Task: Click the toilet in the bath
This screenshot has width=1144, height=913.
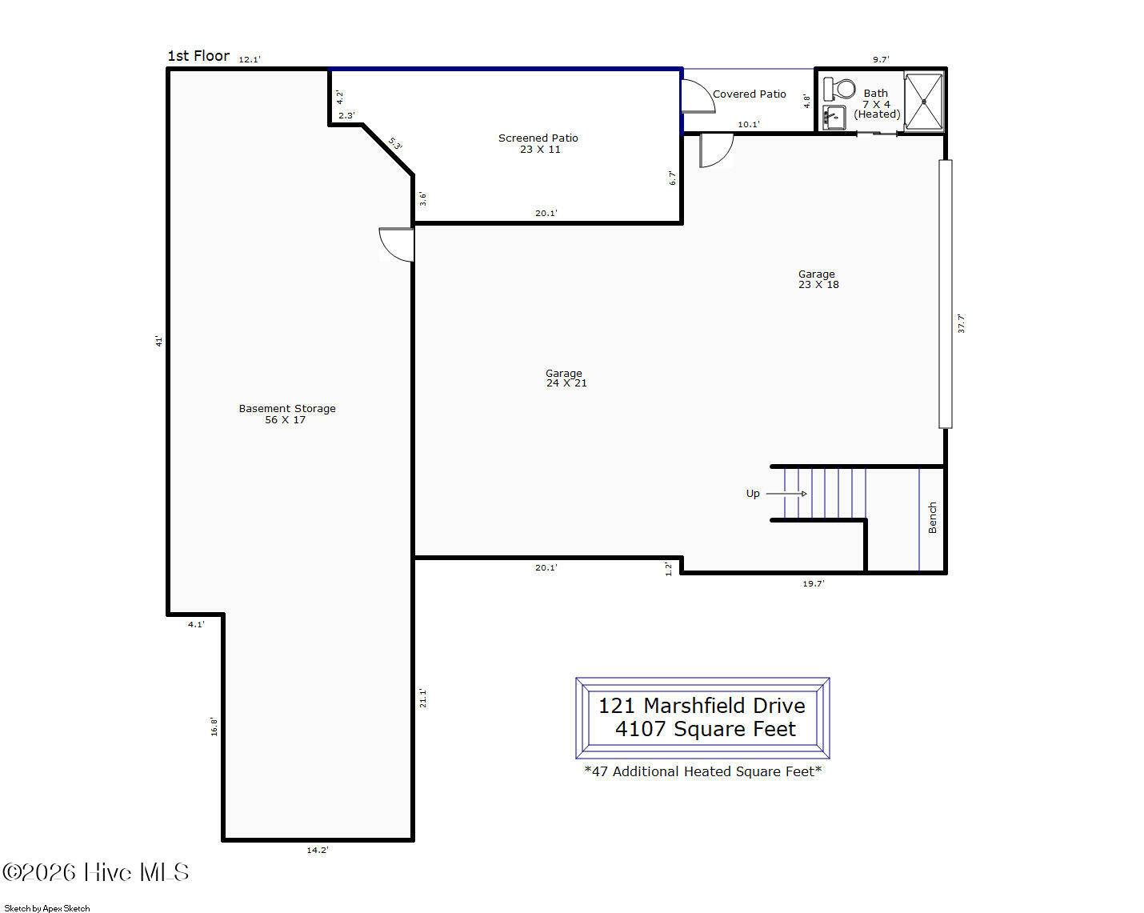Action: [x=839, y=89]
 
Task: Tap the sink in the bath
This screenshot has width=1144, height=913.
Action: [x=834, y=117]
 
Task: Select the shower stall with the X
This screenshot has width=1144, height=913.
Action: [x=924, y=101]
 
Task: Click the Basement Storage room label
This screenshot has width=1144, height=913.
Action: [x=286, y=414]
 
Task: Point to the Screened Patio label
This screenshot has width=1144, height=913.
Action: [x=538, y=143]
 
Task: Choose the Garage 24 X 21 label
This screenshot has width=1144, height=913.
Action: [x=566, y=378]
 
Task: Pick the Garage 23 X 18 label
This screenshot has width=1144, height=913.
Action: [x=818, y=279]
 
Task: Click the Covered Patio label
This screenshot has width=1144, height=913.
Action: [x=749, y=94]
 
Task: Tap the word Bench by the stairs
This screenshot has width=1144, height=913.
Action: [x=933, y=518]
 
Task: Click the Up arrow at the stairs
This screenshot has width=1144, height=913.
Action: [x=786, y=494]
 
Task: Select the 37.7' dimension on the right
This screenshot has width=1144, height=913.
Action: [x=961, y=324]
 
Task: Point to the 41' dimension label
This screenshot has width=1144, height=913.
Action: [x=158, y=341]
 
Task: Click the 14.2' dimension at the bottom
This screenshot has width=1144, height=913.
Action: [x=318, y=851]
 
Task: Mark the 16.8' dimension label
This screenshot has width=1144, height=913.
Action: [x=214, y=727]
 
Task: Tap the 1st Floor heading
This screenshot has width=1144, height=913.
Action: [x=198, y=56]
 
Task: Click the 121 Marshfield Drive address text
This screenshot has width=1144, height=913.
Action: [x=702, y=706]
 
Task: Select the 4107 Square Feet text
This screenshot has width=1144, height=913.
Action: [x=706, y=729]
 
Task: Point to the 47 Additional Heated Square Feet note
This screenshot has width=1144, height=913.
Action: [x=702, y=771]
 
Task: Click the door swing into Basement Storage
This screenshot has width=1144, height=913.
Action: [x=396, y=245]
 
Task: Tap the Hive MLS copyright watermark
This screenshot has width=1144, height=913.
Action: [x=96, y=872]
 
